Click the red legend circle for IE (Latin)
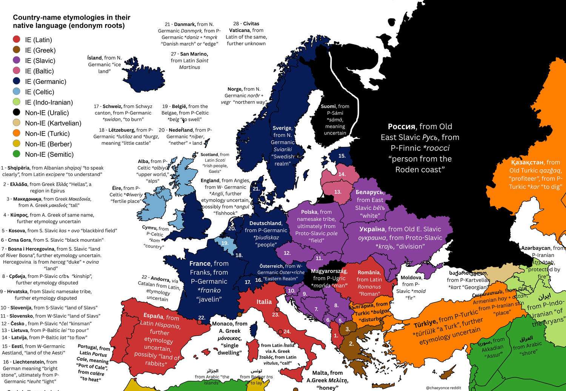(x=16, y=40)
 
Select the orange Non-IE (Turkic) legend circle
(x=16, y=133)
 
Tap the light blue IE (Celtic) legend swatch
(x=16, y=92)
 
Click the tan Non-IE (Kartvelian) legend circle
(x=16, y=123)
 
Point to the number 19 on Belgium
(x=225, y=243)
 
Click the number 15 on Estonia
(x=342, y=156)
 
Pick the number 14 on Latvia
(x=342, y=174)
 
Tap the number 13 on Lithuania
(x=338, y=192)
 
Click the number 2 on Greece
(x=351, y=344)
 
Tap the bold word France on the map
(x=200, y=264)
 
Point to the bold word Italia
(x=264, y=301)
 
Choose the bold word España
(x=153, y=316)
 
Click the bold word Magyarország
(x=328, y=271)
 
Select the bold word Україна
(x=372, y=229)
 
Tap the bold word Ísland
(x=94, y=58)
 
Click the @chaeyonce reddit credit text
(x=443, y=388)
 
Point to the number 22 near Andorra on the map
(x=202, y=318)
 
